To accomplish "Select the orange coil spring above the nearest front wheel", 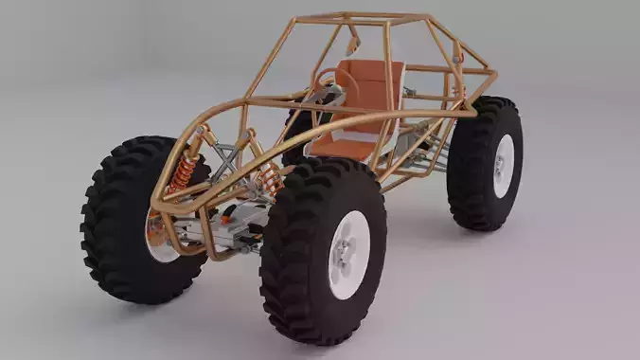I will click(271, 177).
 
